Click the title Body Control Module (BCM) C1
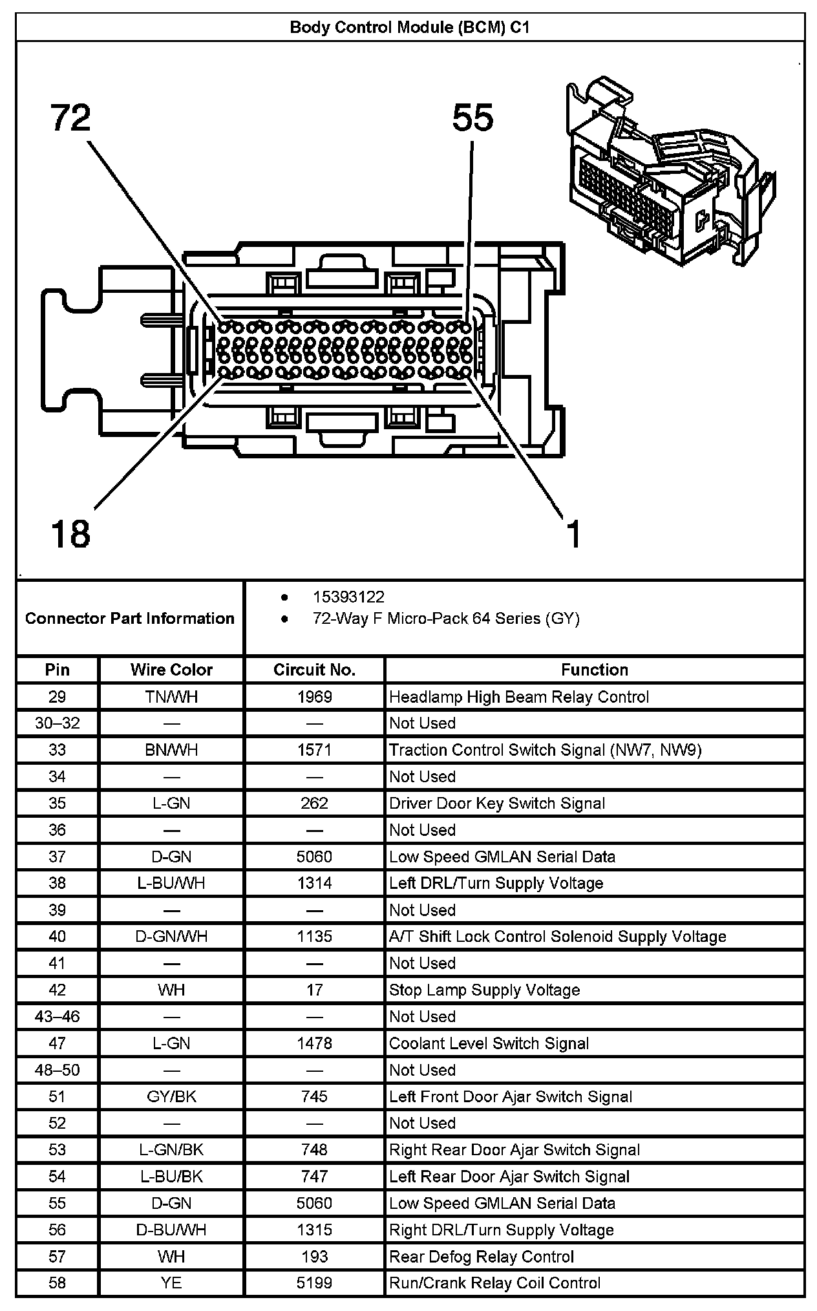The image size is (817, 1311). [410, 28]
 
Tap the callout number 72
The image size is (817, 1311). [71, 118]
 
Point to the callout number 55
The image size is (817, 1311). [472, 118]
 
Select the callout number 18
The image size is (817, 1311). [70, 534]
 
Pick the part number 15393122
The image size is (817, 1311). [348, 597]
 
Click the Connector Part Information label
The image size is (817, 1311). [130, 619]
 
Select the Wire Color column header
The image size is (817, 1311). [171, 670]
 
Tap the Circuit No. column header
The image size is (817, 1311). [314, 670]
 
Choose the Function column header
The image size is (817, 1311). [594, 670]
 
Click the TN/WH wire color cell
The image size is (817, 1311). [171, 697]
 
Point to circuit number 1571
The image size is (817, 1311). [314, 750]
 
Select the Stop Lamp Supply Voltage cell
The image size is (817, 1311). [485, 990]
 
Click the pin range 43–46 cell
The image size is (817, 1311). [58, 1016]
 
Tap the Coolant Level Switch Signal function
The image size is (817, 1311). [489, 1043]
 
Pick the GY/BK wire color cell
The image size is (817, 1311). [171, 1096]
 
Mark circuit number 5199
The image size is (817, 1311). [314, 1283]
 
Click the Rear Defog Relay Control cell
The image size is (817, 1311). [482, 1257]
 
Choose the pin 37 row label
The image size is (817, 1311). [58, 857]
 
